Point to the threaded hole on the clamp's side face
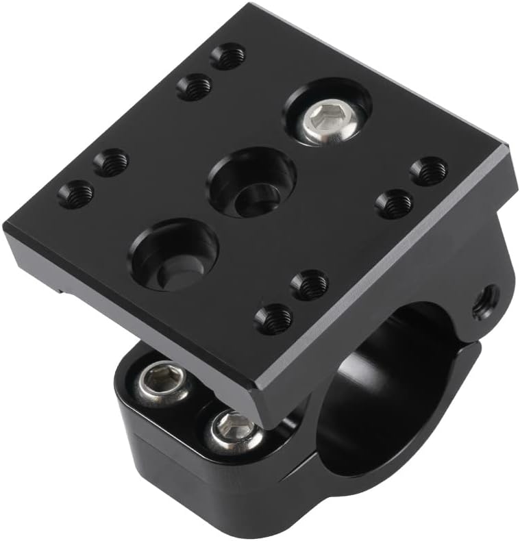(486, 300)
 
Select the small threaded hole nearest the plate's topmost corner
(228, 56)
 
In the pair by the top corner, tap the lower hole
(194, 87)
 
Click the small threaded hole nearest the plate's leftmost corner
(75, 194)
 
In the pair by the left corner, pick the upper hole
(111, 162)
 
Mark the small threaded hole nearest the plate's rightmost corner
(430, 171)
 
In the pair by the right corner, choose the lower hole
(395, 203)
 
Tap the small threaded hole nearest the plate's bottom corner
(274, 318)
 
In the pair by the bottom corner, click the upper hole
(310, 284)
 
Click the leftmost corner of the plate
(5, 228)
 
